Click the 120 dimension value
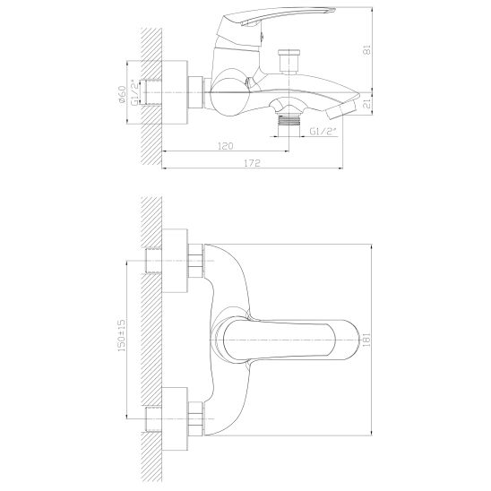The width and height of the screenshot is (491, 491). point(226,146)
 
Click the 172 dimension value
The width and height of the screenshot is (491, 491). point(252,163)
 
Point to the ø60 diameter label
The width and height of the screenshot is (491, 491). point(122,94)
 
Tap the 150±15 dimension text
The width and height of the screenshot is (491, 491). point(122,335)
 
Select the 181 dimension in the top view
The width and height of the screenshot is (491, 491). point(366,340)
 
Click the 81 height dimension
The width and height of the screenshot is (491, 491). point(366,50)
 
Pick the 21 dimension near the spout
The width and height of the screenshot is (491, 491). point(366,104)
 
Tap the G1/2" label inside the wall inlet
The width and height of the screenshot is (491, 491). point(135,92)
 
